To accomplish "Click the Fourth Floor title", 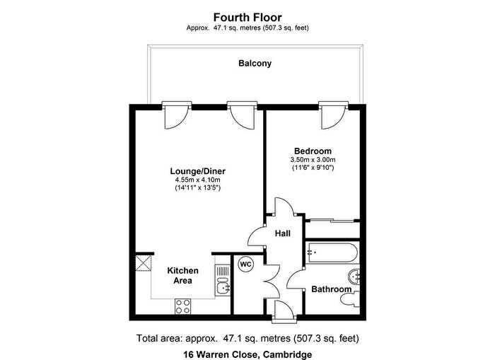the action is pos(248,17).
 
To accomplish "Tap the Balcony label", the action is pos(255,64).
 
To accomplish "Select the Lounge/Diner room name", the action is pos(197,171).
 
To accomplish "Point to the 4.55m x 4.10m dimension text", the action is pos(197,180).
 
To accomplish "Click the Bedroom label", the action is pos(313,151).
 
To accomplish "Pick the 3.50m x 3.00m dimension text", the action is pos(313,159).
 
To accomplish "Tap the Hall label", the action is pos(283,233).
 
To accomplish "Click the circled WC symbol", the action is pos(245,265).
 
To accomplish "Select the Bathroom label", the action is pos(332,289).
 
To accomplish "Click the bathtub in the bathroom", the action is pos(332,252).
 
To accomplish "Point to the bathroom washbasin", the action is pos(354,277).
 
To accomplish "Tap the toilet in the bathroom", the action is pos(350,298).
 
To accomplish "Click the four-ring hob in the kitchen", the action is pos(183,306).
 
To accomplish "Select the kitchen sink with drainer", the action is pos(223,280).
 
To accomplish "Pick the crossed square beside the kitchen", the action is pos(144,263).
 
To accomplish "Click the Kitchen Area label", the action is pos(182,275).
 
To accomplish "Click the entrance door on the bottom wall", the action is pos(284,312).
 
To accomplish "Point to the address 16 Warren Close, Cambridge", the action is pos(248,354).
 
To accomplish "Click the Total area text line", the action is pos(248,339).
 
